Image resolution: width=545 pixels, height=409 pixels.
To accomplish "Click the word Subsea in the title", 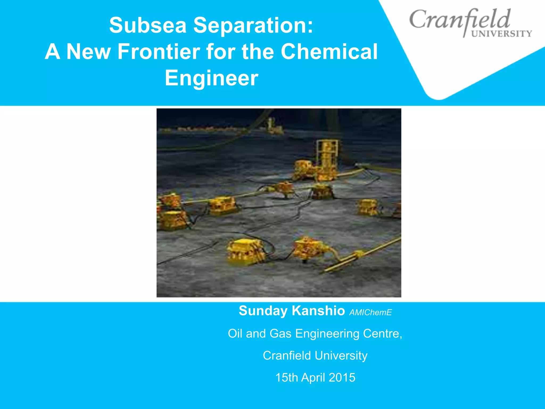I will coord(148,25).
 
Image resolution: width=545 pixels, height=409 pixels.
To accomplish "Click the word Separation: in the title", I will coord(253,25).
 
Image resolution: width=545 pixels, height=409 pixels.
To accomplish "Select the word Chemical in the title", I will coord(329,51).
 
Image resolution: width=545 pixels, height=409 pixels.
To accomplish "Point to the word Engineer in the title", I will coord(212,78).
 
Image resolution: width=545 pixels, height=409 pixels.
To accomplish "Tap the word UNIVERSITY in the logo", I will coord(502,34).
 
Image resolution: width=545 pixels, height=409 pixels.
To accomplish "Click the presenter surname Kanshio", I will coord(318,311).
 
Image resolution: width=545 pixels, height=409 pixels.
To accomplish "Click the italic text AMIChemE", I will coord(370,312).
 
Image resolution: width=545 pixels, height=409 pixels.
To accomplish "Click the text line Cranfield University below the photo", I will coord(315,356).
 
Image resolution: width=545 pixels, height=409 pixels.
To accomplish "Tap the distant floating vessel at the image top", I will coord(274,127).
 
